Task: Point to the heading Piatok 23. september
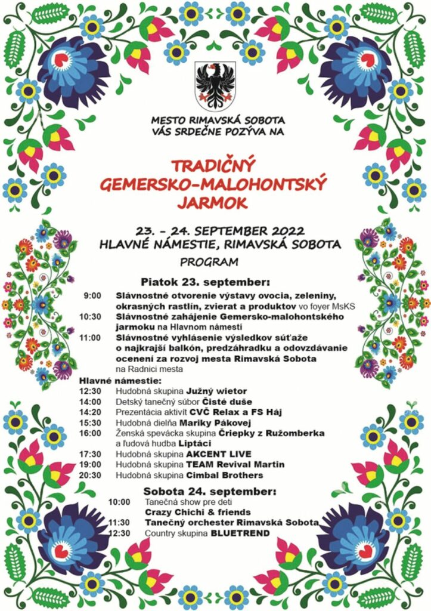(x=205, y=281)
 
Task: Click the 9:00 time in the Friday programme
(x=92, y=295)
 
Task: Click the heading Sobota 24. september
(x=210, y=492)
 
